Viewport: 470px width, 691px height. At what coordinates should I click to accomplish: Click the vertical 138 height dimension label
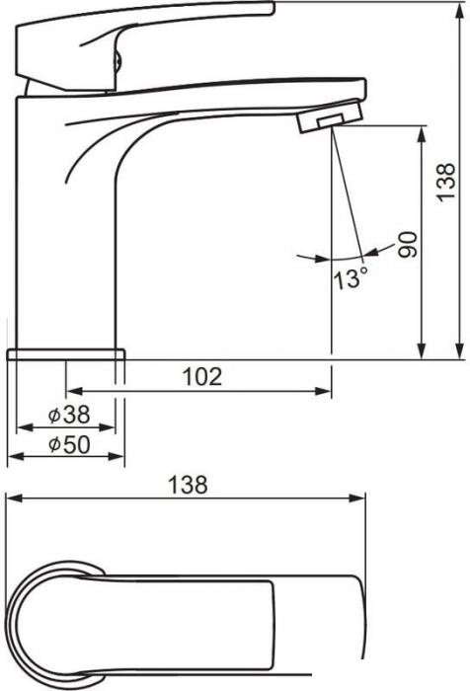pos(446,183)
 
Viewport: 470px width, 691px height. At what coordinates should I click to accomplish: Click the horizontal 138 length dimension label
pos(188,485)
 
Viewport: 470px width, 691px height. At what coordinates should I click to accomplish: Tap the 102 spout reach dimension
pos(202,377)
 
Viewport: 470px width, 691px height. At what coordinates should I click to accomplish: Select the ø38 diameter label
pos(69,415)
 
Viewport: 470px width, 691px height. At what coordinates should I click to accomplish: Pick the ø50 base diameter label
pos(69,444)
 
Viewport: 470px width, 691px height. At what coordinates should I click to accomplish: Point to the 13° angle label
pos(351,278)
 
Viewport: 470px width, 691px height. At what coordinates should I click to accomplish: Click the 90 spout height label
pos(408,245)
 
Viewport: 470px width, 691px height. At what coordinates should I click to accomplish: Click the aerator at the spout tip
pos(330,116)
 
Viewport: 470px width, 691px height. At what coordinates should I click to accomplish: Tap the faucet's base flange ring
pos(66,354)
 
